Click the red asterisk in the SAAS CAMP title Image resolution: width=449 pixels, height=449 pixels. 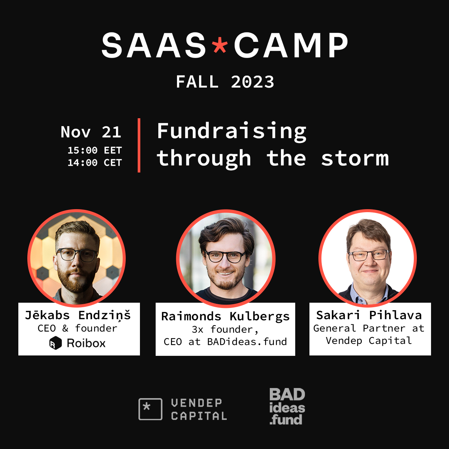click(220, 45)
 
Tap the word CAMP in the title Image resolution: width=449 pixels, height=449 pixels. click(291, 45)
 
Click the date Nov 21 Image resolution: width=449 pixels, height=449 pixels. click(91, 132)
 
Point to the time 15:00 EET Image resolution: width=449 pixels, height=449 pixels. click(95, 150)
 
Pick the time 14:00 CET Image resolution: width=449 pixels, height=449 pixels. click(95, 163)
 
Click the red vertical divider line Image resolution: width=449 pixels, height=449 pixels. click(139, 145)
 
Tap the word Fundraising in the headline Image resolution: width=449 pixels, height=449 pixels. click(232, 132)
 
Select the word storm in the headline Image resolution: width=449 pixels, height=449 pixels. click(355, 158)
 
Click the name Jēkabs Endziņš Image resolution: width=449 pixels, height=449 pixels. click(78, 315)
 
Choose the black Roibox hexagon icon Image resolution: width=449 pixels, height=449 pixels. click(55, 343)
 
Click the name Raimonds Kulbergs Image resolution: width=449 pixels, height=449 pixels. click(225, 317)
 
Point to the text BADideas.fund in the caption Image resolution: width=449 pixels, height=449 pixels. click(247, 342)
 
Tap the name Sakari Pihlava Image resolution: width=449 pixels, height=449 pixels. click(369, 315)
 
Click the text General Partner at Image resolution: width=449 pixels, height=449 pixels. click(369, 329)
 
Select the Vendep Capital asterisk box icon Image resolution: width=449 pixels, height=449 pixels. click(150, 409)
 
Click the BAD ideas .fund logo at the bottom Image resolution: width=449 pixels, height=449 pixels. click(287, 407)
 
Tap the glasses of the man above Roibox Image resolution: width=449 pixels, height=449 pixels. click(77, 255)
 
